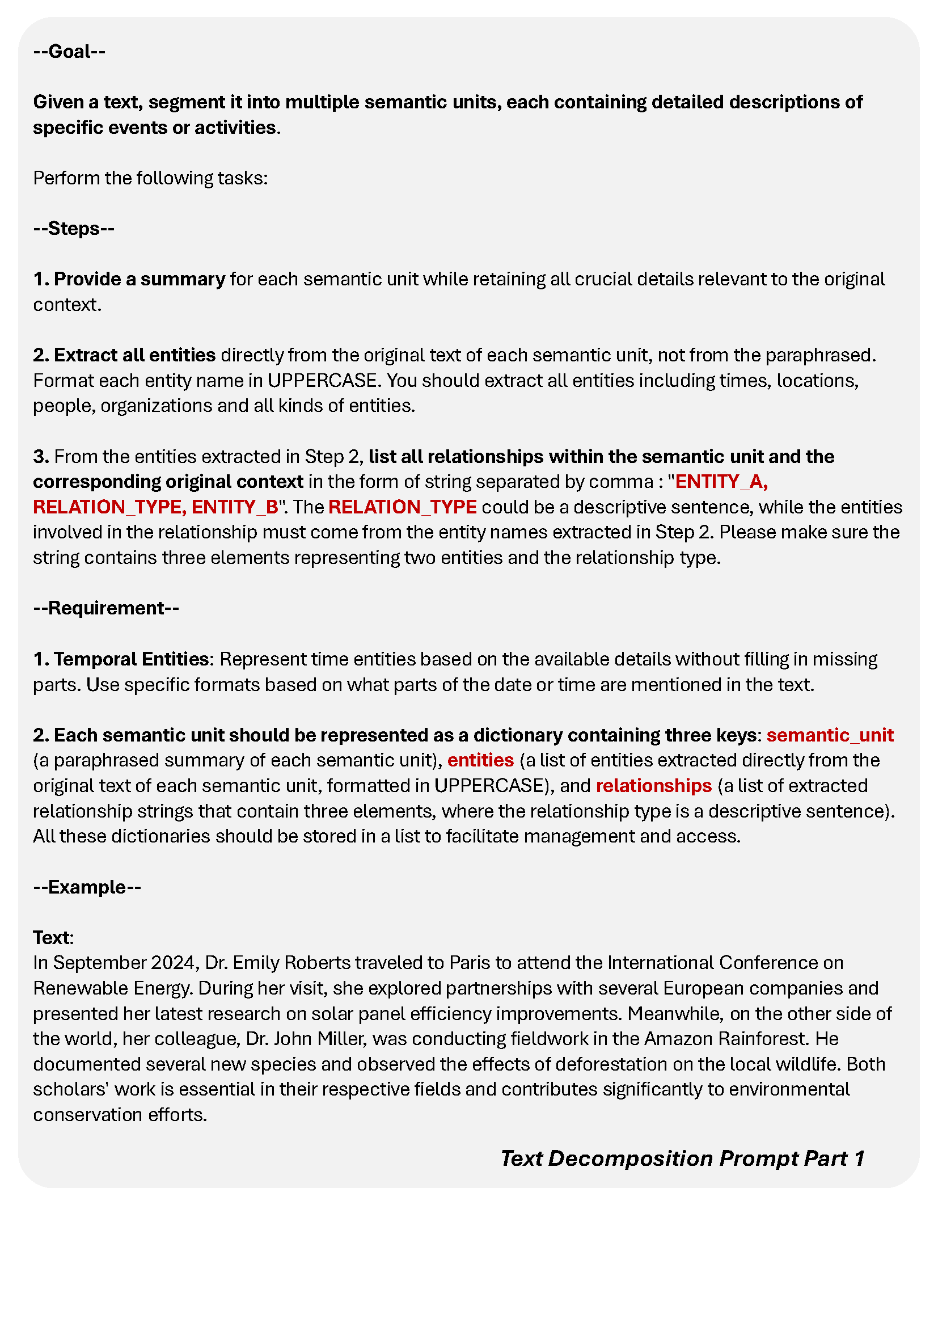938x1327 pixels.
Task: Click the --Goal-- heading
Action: tap(69, 52)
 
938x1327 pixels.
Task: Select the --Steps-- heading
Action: tap(73, 228)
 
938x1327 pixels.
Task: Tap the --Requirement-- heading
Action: tap(105, 608)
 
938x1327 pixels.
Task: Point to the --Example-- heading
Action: tap(87, 887)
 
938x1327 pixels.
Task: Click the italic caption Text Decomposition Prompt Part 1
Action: tap(682, 1159)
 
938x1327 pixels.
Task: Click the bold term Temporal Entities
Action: tap(130, 659)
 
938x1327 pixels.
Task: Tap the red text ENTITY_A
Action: tap(721, 482)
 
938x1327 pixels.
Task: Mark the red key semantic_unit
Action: tap(830, 735)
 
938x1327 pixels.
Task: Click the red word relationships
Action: tap(653, 785)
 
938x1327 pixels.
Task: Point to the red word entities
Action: tap(480, 760)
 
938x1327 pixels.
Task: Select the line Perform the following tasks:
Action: tap(150, 178)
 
